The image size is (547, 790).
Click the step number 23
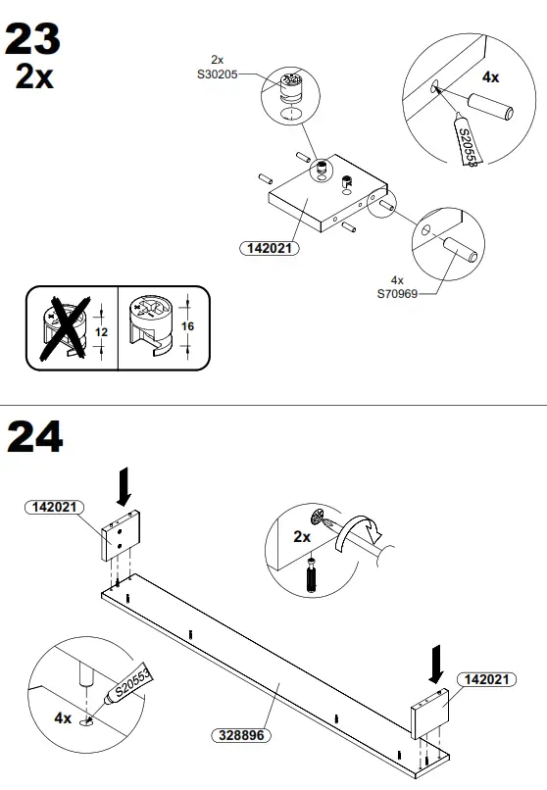[33, 40]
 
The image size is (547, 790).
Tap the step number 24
[35, 438]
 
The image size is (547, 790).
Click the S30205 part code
[218, 74]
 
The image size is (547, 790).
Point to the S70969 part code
[398, 292]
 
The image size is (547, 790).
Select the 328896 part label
[242, 734]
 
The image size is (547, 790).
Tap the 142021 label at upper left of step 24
[56, 507]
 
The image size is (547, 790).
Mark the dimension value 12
[100, 331]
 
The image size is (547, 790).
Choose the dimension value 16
[189, 326]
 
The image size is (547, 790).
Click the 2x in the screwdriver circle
[302, 537]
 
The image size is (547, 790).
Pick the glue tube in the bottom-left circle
[124, 693]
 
